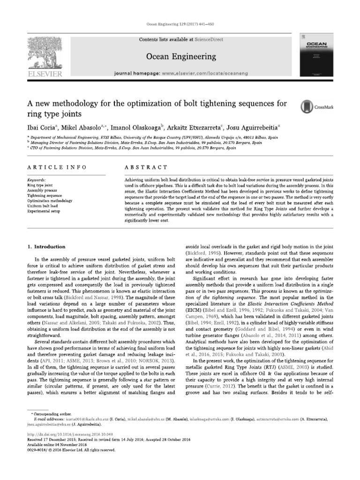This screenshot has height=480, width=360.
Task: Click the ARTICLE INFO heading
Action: click(50, 167)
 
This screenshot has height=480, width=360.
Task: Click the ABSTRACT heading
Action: click(145, 167)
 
